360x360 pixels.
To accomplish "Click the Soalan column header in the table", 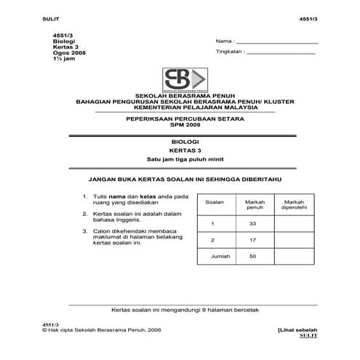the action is (x=215, y=201).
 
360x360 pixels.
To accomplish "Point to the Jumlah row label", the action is (x=215, y=257).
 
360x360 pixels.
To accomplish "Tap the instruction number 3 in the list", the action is (x=86, y=231).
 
